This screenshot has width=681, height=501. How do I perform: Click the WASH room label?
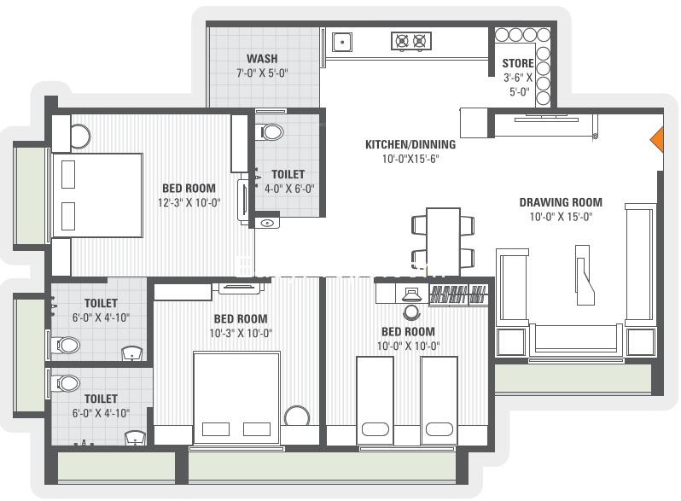(262, 58)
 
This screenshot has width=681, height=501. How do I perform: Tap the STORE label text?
(518, 63)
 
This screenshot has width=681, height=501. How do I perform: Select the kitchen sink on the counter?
(342, 42)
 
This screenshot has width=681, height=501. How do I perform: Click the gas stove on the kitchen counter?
(410, 41)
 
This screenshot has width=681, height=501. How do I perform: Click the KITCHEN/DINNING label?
(410, 144)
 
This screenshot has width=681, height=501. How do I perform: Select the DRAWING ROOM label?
(561, 202)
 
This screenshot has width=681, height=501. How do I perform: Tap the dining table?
(443, 242)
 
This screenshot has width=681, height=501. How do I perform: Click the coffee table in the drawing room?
(583, 275)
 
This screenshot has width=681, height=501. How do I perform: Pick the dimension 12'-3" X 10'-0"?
(189, 203)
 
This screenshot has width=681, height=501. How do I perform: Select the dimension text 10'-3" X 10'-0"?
(241, 333)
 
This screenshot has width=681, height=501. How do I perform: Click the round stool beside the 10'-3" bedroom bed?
(297, 417)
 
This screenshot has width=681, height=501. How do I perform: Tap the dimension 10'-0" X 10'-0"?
(408, 347)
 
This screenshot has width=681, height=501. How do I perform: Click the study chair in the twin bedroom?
(410, 312)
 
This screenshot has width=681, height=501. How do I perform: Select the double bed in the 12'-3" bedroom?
(97, 195)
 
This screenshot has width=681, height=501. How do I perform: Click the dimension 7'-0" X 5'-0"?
(262, 73)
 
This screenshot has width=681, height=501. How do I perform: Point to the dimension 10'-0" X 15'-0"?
(561, 217)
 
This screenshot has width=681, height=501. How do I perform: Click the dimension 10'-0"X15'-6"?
(410, 159)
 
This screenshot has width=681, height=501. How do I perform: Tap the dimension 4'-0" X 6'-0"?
(289, 189)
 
